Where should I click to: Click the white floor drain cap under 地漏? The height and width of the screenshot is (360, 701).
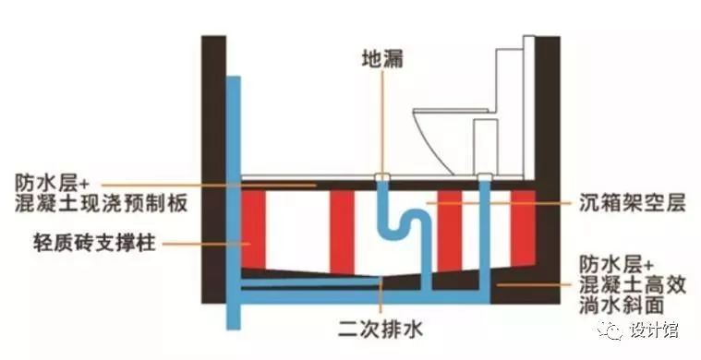(x=381, y=174)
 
